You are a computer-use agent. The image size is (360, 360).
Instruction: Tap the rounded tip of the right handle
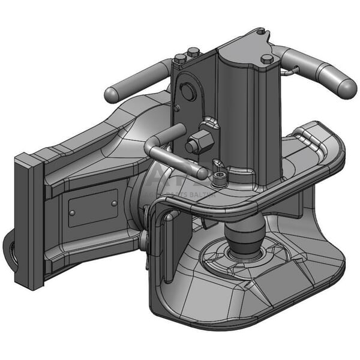(x=346, y=88)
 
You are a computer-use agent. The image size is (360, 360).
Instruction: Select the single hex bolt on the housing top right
(x=266, y=59)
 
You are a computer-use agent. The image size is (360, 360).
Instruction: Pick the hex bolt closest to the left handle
(x=180, y=59)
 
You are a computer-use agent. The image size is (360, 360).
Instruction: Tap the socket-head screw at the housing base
(x=220, y=177)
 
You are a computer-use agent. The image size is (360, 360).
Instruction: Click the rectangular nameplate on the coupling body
(x=92, y=208)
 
